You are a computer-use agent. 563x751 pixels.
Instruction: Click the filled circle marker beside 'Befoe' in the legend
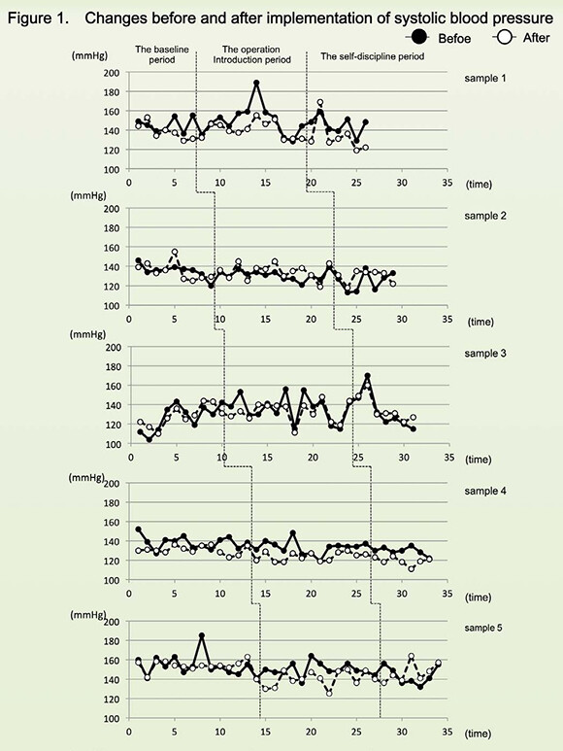coord(419,36)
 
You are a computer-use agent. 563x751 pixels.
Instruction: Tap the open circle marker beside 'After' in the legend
coord(504,37)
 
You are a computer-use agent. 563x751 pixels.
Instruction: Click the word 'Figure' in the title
coord(29,18)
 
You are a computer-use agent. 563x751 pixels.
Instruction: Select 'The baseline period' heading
coord(162,54)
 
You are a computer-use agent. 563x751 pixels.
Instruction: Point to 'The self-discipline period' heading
coord(372,56)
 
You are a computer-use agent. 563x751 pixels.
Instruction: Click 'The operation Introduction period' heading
coord(251,54)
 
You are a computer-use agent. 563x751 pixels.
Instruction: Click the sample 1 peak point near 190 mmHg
coord(256,83)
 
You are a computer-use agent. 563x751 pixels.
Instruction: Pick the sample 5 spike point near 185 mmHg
coord(202,635)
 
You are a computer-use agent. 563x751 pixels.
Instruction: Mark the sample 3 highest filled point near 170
coord(367,376)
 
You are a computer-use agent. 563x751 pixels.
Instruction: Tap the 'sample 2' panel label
coord(485,216)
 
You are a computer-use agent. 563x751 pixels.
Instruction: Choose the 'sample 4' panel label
coord(485,491)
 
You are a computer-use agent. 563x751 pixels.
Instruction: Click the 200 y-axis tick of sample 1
coord(112,72)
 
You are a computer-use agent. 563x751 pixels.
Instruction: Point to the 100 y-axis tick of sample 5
coord(112,718)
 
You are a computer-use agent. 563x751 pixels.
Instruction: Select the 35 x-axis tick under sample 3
coord(448,458)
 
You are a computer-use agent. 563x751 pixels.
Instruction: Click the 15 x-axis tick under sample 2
coord(265,319)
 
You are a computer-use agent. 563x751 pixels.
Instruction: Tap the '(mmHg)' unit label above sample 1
coord(89,55)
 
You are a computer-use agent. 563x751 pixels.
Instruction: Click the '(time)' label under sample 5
coord(478,734)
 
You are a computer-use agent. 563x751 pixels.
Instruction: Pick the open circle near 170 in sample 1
coord(320,102)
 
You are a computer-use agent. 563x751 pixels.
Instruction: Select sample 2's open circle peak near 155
coord(175,252)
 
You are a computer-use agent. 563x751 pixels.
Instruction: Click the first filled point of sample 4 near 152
coord(138,529)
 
